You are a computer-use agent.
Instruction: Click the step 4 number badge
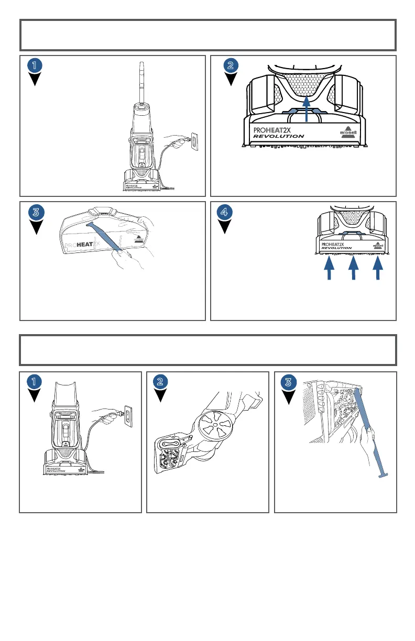[x=225, y=212]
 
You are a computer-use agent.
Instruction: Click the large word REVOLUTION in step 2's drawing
[x=278, y=136]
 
